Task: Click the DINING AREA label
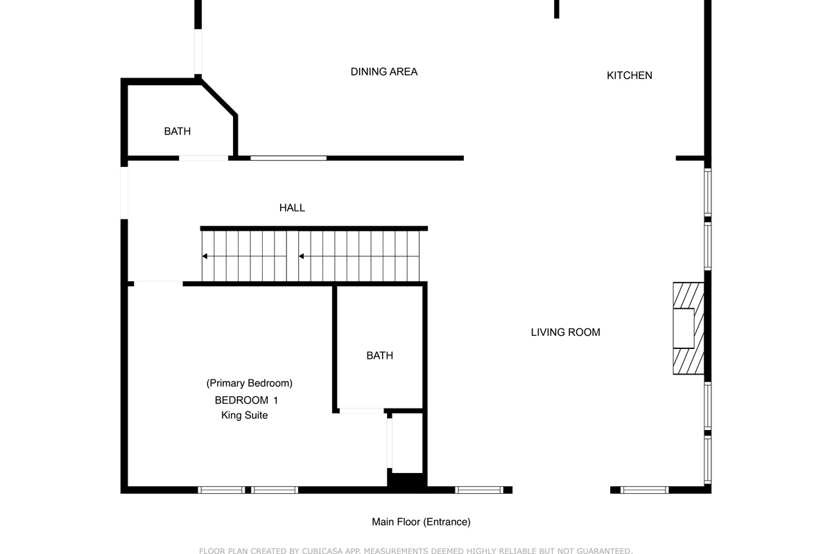(384, 71)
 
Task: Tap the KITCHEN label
(630, 75)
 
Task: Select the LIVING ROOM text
(565, 332)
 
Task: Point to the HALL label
(292, 208)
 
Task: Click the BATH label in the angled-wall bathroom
(177, 132)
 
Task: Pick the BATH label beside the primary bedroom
(380, 355)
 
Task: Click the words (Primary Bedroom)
(249, 383)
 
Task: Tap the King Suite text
(244, 415)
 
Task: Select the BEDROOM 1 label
(246, 400)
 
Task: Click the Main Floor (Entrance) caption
(422, 521)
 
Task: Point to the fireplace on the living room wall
(688, 328)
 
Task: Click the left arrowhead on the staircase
(205, 256)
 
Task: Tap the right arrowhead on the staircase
(302, 256)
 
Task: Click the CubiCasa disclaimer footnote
(415, 551)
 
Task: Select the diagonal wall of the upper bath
(218, 98)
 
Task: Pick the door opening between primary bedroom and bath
(362, 411)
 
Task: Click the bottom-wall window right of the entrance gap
(644, 490)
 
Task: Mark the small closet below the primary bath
(407, 443)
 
